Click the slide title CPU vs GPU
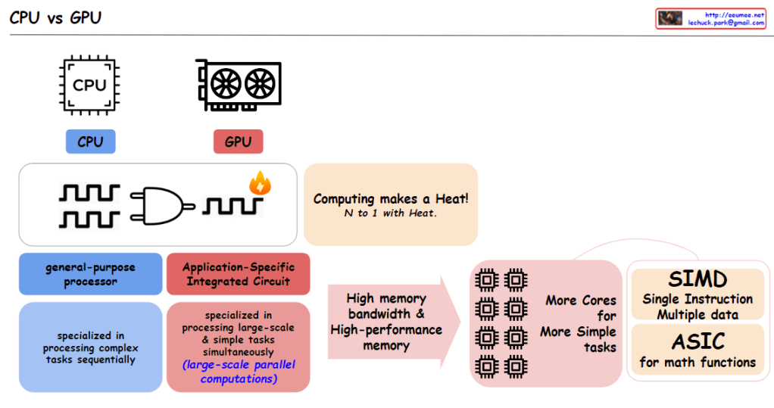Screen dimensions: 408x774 click(x=55, y=17)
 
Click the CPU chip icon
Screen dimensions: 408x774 click(x=90, y=85)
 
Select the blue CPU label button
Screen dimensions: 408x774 click(x=90, y=142)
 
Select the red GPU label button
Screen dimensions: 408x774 click(x=238, y=142)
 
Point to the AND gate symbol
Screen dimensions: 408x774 click(x=161, y=204)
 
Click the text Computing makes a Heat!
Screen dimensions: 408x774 click(x=390, y=199)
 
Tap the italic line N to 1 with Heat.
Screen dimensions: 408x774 click(x=390, y=214)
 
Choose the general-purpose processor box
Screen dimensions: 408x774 click(x=90, y=274)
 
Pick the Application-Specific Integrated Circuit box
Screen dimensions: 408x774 click(x=238, y=274)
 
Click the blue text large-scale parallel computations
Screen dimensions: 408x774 click(x=238, y=372)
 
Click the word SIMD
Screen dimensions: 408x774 click(x=698, y=280)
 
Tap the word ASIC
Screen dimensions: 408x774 click(x=698, y=341)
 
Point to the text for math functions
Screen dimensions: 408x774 click(x=698, y=363)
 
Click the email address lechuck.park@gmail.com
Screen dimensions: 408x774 click(x=725, y=23)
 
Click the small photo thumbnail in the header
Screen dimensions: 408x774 click(x=670, y=19)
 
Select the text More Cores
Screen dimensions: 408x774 click(x=581, y=301)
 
